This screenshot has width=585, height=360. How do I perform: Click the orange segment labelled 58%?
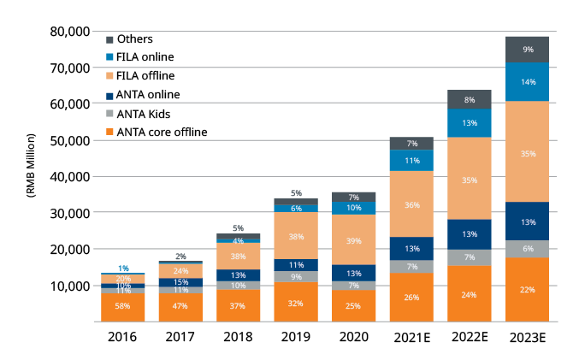pos(123,307)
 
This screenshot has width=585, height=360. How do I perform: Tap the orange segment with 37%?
pos(239,306)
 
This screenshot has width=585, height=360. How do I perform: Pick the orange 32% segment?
pos(296,302)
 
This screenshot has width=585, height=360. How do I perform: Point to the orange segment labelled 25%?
pos(354,306)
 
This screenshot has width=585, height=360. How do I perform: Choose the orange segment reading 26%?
pos(411,298)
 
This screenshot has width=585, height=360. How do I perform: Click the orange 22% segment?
pos(527,290)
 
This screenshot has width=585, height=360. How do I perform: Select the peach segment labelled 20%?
pos(123,279)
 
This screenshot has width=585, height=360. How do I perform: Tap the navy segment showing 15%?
pos(180,282)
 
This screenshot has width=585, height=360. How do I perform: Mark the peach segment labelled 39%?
pos(354,240)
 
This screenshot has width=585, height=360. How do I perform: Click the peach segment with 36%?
pos(411,204)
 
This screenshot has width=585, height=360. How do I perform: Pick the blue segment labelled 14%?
pos(527,82)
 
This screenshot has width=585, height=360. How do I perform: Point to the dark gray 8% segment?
pos(470,99)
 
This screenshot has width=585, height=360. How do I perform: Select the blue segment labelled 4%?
pos(239,241)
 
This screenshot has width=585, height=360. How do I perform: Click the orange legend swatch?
pos(109,132)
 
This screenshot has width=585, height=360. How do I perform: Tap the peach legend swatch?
pos(109,76)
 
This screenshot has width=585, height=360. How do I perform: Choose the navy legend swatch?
pos(109,95)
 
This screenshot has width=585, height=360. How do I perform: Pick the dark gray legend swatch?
pos(109,39)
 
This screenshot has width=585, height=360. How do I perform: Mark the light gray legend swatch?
pos(109,113)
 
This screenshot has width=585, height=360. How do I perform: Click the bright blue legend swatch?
pos(109,57)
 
